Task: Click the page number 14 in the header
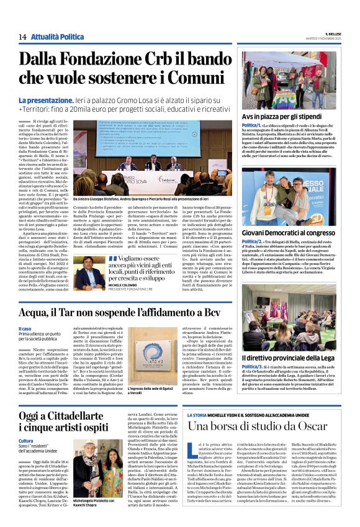click(22, 37)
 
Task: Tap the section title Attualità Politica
click(58, 37)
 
